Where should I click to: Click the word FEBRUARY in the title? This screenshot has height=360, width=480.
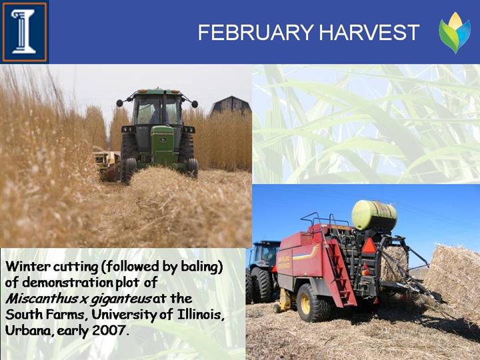pos(255,32)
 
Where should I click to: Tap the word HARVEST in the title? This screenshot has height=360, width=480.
pos(369,32)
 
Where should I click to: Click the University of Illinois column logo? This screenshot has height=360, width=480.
pos(25,32)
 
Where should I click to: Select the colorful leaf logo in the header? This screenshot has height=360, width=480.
pos(455,33)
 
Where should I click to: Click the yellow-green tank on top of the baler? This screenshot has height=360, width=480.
pos(374,215)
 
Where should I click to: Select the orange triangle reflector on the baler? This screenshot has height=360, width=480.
pos(369,247)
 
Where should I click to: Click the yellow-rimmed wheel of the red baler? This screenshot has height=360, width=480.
pos(310,303)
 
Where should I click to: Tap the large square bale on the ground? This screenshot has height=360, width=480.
pos(455,280)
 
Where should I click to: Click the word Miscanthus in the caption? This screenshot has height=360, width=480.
pos(42,299)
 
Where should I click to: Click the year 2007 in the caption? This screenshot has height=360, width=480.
pos(109,330)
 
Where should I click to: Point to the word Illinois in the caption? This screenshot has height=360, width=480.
pos(201,315)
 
